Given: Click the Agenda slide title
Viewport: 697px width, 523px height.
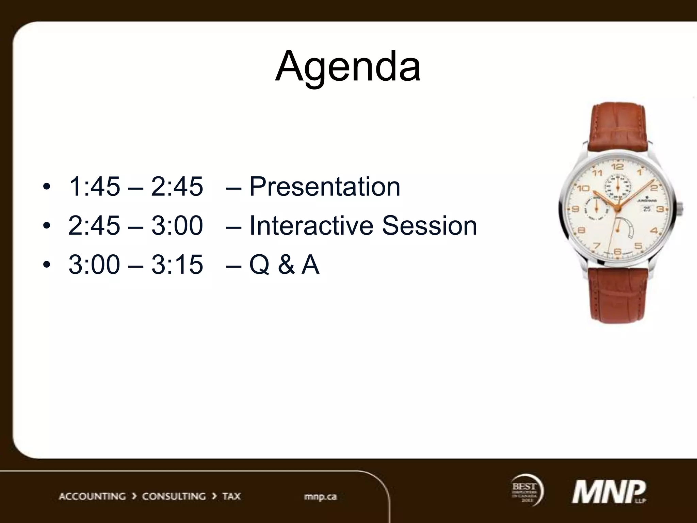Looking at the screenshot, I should coord(348,66).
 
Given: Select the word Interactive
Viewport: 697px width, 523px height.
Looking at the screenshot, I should coord(311,225).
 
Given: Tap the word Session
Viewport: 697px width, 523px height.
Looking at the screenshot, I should coord(429,225).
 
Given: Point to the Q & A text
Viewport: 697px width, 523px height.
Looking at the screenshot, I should coord(284,265).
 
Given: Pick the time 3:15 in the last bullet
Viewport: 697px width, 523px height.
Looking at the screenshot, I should coord(177,265).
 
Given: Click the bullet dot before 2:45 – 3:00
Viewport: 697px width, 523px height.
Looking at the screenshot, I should coord(47,225).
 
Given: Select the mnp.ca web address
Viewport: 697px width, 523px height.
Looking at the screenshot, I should coord(320,496).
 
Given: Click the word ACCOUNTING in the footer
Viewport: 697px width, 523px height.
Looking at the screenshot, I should coord(92,496).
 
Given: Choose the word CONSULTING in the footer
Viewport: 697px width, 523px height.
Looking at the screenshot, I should coord(174,496).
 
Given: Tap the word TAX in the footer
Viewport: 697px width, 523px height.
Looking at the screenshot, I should coord(231,496).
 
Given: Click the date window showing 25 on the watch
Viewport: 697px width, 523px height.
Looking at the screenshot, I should coord(647,209).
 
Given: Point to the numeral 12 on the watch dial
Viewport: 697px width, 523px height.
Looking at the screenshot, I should coord(617,167).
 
